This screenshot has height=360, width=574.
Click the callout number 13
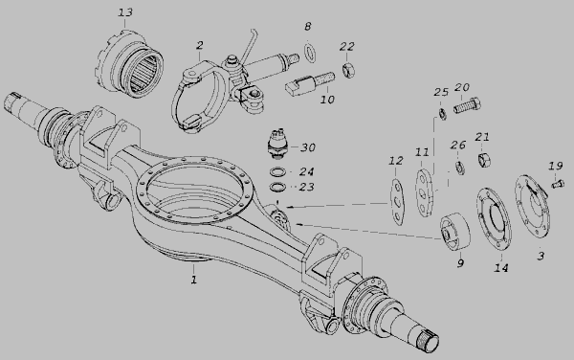click(x=125, y=12)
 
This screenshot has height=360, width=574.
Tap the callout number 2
click(x=200, y=45)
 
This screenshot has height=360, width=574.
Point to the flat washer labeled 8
click(x=310, y=52)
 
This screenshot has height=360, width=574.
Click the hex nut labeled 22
click(x=348, y=70)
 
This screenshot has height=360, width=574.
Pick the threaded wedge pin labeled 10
click(x=309, y=84)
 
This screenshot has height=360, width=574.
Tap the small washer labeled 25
click(x=442, y=114)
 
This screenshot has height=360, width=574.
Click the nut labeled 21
click(x=484, y=160)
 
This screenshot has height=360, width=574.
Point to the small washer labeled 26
click(x=460, y=167)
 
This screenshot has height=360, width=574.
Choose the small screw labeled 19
click(x=558, y=183)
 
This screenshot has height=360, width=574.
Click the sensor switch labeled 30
click(x=277, y=144)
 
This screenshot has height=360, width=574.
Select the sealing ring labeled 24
click(x=278, y=171)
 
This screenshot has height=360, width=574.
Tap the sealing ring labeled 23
click(x=278, y=187)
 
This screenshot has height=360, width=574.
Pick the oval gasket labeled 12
click(x=397, y=202)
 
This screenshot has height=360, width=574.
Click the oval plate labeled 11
click(x=424, y=193)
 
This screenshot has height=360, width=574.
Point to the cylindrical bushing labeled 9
click(x=455, y=232)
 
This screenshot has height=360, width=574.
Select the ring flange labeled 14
click(x=495, y=218)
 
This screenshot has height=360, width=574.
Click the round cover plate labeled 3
click(x=533, y=207)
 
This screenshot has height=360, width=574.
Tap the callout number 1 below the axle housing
click(x=193, y=280)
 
